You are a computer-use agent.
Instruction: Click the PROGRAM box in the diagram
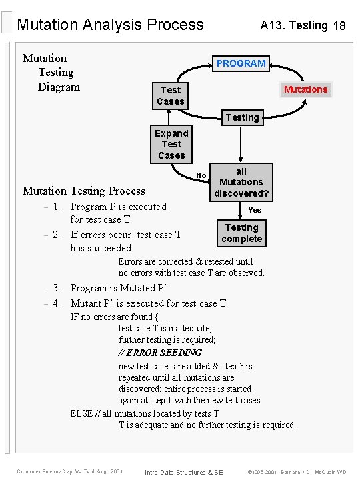(x=241, y=63)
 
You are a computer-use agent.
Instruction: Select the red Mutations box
(x=306, y=89)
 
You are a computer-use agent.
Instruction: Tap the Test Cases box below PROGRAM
(x=171, y=95)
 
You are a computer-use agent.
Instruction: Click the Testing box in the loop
(x=242, y=117)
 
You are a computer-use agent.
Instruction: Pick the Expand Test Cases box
(x=171, y=144)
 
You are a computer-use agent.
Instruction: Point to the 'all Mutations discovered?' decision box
(x=241, y=182)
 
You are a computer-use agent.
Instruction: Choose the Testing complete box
(x=242, y=233)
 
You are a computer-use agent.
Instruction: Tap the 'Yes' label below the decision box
(x=255, y=210)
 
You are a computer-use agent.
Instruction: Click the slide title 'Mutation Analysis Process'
(x=110, y=25)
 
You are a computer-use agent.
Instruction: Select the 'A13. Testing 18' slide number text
(x=303, y=25)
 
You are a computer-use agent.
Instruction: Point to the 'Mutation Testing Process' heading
(x=83, y=191)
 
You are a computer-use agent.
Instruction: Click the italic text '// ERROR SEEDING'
(x=160, y=353)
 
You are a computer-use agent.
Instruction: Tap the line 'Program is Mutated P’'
(x=118, y=288)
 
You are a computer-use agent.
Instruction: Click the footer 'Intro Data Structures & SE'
(x=184, y=472)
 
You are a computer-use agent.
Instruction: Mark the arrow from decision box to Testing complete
(x=242, y=211)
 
